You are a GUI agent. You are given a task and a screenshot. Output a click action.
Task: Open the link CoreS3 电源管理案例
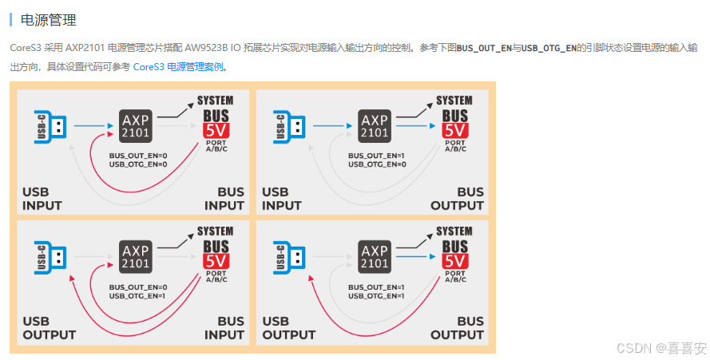click(178, 67)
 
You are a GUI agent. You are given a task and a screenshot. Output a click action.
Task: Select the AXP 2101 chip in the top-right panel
click(374, 125)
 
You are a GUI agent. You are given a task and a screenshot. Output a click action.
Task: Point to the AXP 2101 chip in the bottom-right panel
click(374, 256)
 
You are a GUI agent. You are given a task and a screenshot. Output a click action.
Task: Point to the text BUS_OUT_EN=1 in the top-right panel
click(377, 156)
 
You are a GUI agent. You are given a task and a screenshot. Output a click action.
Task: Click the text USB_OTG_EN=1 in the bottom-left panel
click(137, 296)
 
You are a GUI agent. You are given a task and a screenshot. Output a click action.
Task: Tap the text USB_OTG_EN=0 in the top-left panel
click(137, 164)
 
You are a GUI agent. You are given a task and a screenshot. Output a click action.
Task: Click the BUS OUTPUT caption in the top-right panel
click(458, 199)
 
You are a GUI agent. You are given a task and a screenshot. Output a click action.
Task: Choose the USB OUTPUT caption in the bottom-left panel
click(50, 329)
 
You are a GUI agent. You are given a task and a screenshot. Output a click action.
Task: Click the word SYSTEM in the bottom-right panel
click(454, 231)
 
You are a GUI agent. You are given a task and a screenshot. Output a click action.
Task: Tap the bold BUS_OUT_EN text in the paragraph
click(484, 49)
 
